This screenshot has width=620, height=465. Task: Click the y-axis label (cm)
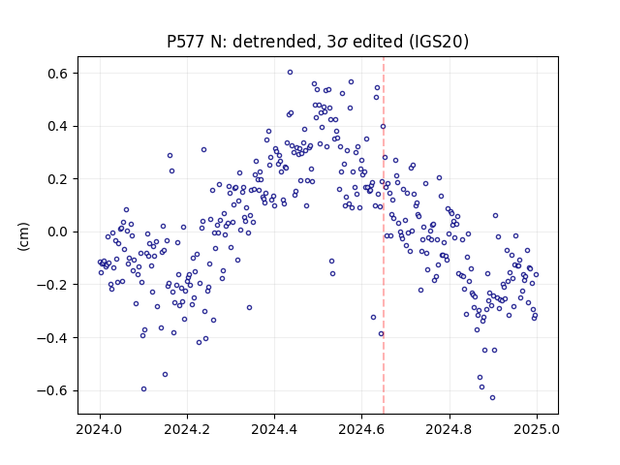pos(23,236)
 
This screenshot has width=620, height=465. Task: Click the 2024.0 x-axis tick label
pos(100,429)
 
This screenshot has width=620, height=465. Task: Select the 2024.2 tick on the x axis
pos(187,429)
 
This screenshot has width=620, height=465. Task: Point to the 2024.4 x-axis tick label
pos(274,429)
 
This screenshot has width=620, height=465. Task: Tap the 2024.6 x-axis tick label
pos(361,429)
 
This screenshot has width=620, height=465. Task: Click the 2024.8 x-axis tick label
pos(449,429)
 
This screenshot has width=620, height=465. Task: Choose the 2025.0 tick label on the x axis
pos(537,429)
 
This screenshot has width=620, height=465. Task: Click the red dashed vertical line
pos(384,235)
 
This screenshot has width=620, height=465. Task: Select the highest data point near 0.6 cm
pos(290,73)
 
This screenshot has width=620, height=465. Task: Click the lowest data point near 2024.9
pos(492,398)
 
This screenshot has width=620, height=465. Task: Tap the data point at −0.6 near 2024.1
pos(143,389)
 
